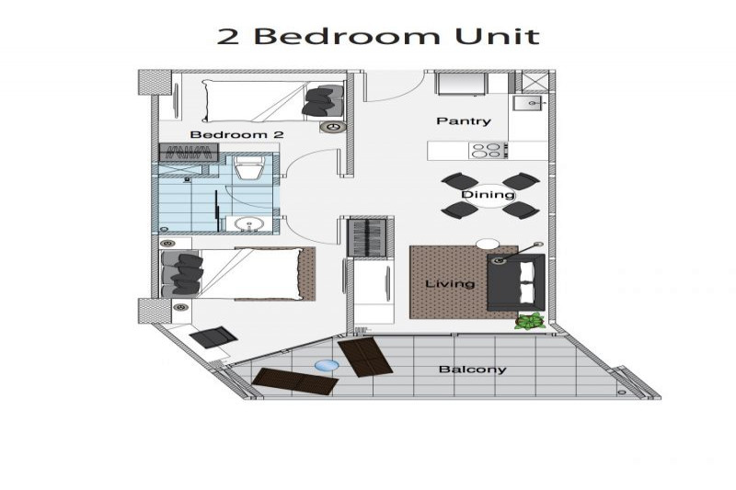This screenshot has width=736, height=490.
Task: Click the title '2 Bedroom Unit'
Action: point(378,36)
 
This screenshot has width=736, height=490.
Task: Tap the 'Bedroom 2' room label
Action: point(236,135)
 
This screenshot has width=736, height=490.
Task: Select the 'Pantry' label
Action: point(464,121)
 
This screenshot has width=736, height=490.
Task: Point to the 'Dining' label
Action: point(488,195)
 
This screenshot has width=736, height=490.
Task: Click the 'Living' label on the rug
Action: point(450,284)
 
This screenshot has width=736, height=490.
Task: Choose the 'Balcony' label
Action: point(472,370)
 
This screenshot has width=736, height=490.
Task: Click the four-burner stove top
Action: point(488,151)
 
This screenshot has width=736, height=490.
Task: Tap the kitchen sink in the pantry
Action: point(528,102)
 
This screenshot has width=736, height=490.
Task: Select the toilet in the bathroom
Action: point(248,167)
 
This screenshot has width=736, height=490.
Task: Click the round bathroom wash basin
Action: point(247,224)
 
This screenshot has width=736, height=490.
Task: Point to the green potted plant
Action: point(530,321)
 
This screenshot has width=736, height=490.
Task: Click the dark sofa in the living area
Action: point(516,282)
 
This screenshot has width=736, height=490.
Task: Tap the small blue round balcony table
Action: point(327,366)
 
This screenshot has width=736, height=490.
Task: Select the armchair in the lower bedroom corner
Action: point(213,337)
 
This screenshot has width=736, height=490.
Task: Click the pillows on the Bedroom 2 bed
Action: point(324,101)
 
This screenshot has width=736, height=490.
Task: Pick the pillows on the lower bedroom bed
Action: point(182,274)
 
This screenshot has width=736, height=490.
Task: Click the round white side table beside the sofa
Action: point(488,245)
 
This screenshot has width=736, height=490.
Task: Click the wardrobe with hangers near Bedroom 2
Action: point(189,153)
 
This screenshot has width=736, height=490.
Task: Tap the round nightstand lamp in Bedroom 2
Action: point(333,127)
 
